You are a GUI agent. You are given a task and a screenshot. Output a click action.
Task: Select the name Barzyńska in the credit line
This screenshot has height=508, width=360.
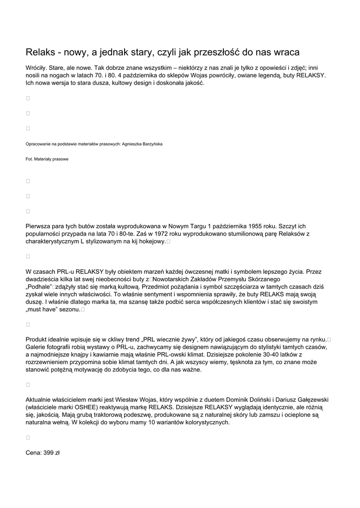(x=151, y=144)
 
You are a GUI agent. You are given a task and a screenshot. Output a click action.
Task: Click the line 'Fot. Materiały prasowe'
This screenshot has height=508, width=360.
(x=47, y=159)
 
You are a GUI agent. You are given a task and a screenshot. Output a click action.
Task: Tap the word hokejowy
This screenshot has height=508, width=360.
(x=150, y=241)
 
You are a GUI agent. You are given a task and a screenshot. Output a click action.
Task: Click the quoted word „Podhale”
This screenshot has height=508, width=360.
(x=39, y=287)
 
